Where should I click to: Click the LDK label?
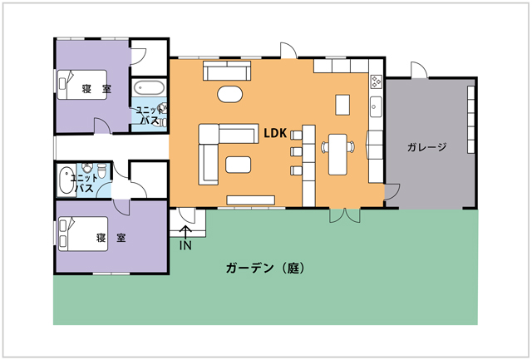[x=275, y=133]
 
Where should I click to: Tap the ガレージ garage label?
[x=426, y=147]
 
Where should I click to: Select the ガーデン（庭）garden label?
[x=265, y=268]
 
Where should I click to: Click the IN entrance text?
[x=185, y=245]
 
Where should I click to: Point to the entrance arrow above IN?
[x=185, y=233]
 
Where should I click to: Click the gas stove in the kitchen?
[x=376, y=81]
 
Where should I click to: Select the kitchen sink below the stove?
[x=376, y=106]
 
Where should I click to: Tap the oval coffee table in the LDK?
[x=229, y=94]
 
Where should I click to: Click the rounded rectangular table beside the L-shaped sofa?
[x=239, y=165]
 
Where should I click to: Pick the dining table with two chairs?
[x=338, y=155]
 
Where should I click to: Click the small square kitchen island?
[x=342, y=105]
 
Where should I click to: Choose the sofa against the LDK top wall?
[x=227, y=71]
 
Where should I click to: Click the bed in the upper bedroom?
[x=82, y=85]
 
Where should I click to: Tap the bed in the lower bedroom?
[x=83, y=234]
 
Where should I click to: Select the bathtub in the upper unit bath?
[x=149, y=88]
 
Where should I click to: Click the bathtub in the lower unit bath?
[x=66, y=180]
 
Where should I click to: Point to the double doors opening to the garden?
[x=345, y=215]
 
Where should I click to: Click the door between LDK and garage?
[x=392, y=192]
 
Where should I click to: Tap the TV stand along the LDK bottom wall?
[x=250, y=200]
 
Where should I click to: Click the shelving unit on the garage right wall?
[x=471, y=120]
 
